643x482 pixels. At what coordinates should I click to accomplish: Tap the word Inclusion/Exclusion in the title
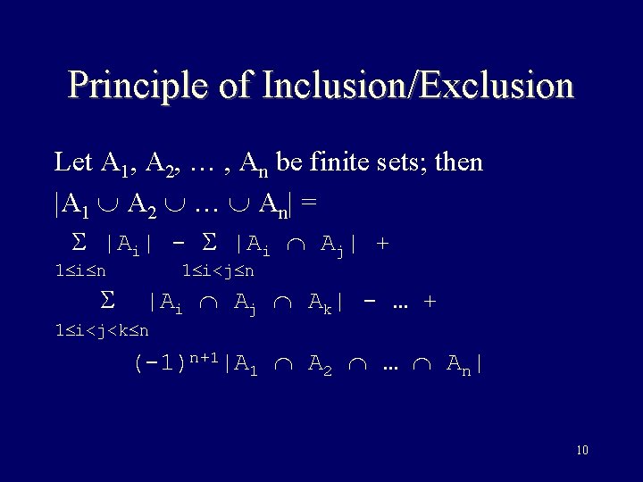[418, 86]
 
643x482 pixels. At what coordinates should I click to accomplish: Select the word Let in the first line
[72, 162]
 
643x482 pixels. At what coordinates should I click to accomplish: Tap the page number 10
[582, 450]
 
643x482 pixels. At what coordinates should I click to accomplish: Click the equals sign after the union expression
[308, 203]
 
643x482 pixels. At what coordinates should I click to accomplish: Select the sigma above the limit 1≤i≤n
[77, 242]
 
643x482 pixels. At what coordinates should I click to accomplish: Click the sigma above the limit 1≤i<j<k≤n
[108, 302]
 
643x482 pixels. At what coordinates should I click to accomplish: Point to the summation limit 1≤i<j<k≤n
[102, 331]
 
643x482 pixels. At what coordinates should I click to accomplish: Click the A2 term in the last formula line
[320, 364]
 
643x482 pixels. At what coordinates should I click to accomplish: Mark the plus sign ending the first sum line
[383, 243]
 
